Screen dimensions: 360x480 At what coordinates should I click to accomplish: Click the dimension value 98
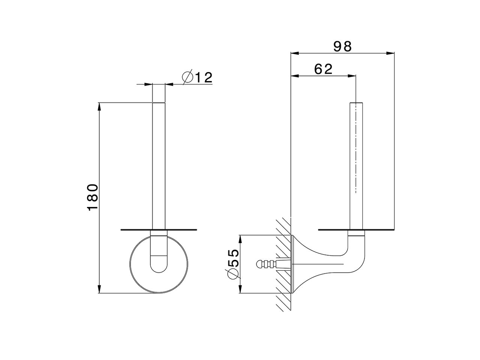[x=343, y=46]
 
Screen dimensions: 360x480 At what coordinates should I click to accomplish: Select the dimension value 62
[x=323, y=69]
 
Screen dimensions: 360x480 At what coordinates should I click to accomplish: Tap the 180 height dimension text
[x=93, y=197]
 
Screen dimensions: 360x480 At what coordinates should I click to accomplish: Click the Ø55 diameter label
[x=232, y=264]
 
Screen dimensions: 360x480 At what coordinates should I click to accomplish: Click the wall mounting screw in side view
[x=268, y=264]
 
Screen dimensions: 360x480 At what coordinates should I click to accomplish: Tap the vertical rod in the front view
[x=158, y=165]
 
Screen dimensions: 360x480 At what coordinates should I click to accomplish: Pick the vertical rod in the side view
[x=357, y=165]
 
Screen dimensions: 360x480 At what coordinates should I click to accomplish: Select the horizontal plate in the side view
[x=356, y=229]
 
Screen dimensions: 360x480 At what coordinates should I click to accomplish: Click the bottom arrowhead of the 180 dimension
[x=99, y=289]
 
